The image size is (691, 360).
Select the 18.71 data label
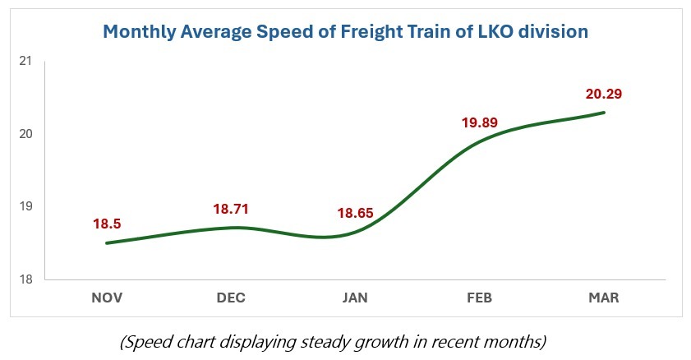point(231,209)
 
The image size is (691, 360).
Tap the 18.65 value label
point(355,214)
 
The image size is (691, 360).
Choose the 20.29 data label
point(604,94)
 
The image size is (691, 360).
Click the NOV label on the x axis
point(107,298)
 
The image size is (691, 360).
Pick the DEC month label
point(231,298)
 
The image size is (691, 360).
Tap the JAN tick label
point(355,298)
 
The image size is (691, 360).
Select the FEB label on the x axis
point(479,298)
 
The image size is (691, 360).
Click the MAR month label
point(603,298)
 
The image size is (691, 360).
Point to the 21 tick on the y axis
point(25,62)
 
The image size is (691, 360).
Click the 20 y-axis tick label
point(25,134)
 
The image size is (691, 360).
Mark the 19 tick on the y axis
point(25,206)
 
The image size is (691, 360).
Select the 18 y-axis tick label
point(25,279)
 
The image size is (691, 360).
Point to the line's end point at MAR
point(605,113)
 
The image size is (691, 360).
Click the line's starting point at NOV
point(107,242)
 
